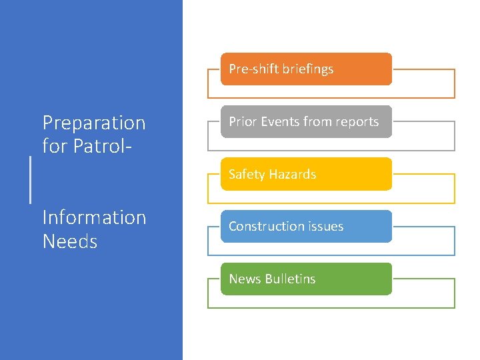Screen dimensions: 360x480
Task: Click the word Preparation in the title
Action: [x=94, y=123]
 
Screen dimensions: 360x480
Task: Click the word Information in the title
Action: [x=94, y=217]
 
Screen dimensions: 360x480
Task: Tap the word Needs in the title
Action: [x=70, y=241]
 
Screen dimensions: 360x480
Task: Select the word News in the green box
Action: [x=244, y=279]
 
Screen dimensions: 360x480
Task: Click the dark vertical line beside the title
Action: [x=30, y=179]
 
